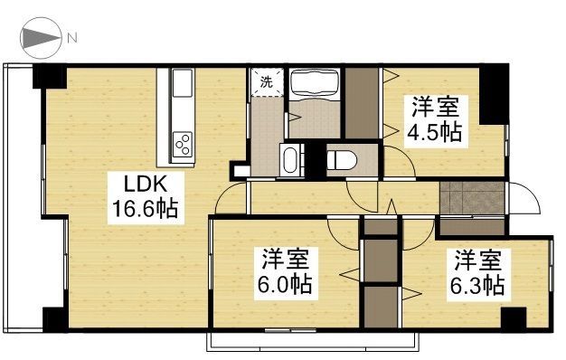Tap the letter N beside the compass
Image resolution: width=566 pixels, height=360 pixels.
[71, 38]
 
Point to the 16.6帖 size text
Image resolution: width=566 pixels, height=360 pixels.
[144, 210]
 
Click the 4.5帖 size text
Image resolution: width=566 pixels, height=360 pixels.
[436, 133]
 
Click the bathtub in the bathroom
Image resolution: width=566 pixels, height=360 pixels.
[315, 85]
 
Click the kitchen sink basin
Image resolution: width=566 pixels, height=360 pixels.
[180, 87]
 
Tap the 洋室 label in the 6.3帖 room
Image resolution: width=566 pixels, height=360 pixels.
[476, 261]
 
